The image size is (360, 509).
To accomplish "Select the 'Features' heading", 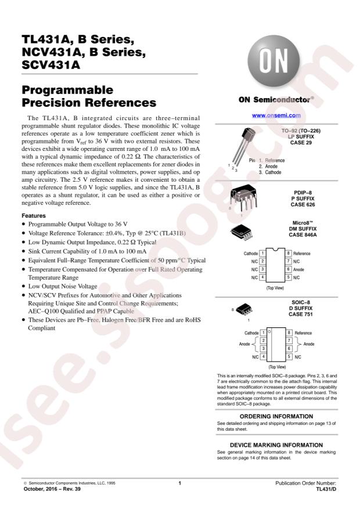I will (35, 215).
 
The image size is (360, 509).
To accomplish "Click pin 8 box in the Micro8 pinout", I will (288, 254).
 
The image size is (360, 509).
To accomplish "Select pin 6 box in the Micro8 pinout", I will (288, 270).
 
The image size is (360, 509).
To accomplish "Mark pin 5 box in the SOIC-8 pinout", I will (288, 356).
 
